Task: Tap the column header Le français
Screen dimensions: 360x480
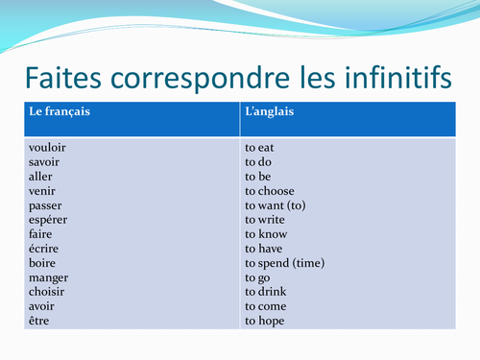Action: coord(60,112)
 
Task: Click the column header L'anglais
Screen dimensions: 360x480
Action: coord(270,112)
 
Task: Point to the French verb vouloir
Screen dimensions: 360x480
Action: coord(47,149)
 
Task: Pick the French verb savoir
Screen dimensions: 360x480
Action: coord(45,163)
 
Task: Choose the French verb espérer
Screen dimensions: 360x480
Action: coord(49,221)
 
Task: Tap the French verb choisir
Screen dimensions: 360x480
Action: coord(47,292)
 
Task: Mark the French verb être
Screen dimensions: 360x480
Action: coord(40,321)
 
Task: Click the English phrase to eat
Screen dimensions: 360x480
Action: coord(260,149)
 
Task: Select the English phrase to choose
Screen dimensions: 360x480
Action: coord(270,192)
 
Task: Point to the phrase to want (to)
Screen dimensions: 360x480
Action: coord(276,206)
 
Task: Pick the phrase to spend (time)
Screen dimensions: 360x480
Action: coord(285,263)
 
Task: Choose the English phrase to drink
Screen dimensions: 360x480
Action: coord(265,292)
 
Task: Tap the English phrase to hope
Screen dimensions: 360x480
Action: coord(265,321)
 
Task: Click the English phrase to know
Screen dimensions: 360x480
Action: coord(266,235)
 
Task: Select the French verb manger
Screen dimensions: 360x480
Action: coord(48,277)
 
